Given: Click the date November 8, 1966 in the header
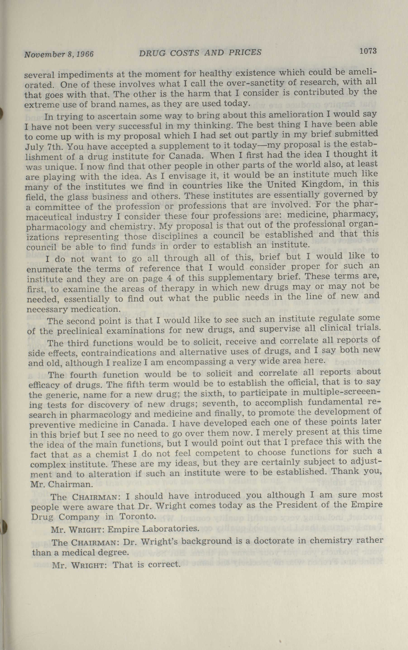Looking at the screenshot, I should click(59, 54).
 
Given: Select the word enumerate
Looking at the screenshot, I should click(49, 269).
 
